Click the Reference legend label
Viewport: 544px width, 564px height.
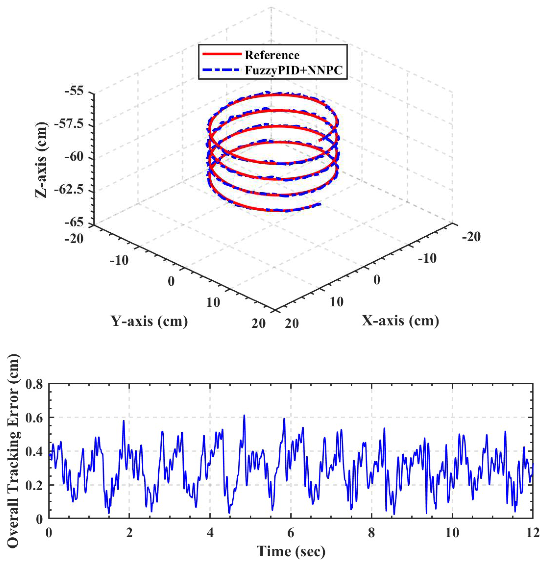[272, 55]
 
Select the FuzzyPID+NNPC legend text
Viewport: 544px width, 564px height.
[294, 70]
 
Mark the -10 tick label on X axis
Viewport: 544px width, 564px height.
[427, 259]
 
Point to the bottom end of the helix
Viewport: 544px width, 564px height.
[320, 204]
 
